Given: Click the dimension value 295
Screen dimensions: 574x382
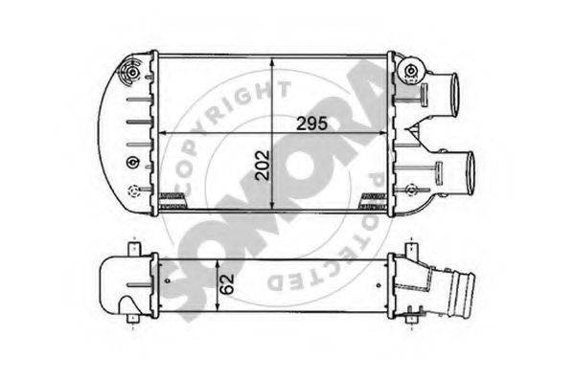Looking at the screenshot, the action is (311, 124).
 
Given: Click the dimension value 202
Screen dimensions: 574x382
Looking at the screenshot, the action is (263, 165).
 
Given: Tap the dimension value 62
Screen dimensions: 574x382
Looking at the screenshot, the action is (227, 284).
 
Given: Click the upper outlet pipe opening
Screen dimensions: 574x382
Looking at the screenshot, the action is (454, 95).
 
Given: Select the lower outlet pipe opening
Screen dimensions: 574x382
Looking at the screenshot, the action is (470, 174).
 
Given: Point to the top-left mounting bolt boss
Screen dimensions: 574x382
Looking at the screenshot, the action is (133, 73).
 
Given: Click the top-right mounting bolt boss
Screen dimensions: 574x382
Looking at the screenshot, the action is (410, 70).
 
